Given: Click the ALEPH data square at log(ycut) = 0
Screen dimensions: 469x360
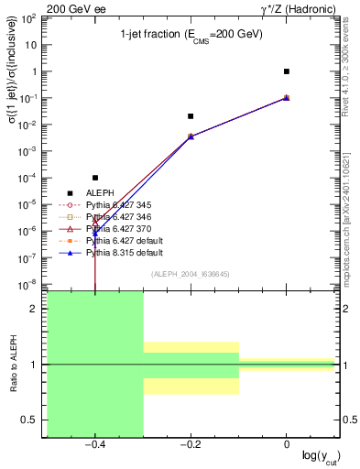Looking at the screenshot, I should click(x=287, y=71).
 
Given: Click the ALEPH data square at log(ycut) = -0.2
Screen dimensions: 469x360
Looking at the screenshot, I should click(x=191, y=116).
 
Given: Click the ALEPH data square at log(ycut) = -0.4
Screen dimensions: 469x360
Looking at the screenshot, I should click(x=95, y=178).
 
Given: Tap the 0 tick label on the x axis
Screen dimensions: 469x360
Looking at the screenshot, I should click(x=287, y=443).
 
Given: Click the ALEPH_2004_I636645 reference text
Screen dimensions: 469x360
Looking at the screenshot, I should click(x=190, y=274).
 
